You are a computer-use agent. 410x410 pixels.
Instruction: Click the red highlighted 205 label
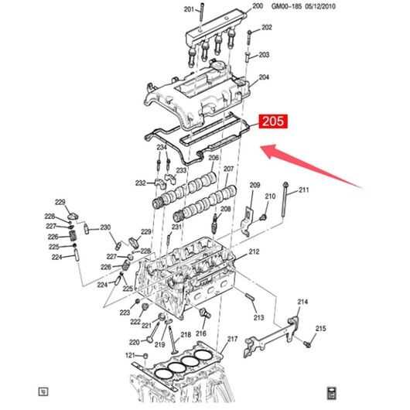[273, 121]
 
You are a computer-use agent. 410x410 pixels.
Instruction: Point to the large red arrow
[311, 166]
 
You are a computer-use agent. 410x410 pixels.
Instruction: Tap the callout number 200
[258, 5]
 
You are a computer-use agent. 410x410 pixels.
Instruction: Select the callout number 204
[264, 77]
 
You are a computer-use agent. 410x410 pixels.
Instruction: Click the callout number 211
[303, 190]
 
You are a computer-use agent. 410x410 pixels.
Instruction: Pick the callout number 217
[232, 339]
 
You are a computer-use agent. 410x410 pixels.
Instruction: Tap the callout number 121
[130, 355]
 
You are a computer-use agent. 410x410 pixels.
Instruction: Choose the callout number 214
[302, 302]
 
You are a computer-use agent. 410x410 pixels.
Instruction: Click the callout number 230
[105, 227]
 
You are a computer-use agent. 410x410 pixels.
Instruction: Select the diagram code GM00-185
[286, 6]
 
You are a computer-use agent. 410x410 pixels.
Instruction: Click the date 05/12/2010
[320, 6]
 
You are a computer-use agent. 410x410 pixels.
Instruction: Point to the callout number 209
[255, 185]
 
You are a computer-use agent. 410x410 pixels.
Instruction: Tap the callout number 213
[258, 317]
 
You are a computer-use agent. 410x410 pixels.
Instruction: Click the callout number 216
[201, 333]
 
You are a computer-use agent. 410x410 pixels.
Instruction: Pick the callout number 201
[189, 9]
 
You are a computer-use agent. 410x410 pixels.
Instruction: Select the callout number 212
[254, 251]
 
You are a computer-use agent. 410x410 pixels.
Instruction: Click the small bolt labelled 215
[307, 344]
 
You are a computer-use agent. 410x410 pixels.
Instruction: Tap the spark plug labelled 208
[214, 223]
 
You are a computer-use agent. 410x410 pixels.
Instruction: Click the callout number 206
[214, 158]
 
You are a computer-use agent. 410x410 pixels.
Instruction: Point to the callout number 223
[125, 313]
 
